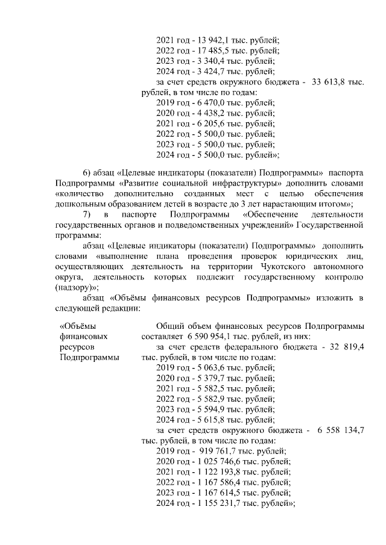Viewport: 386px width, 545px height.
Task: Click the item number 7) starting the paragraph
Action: click(87, 214)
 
